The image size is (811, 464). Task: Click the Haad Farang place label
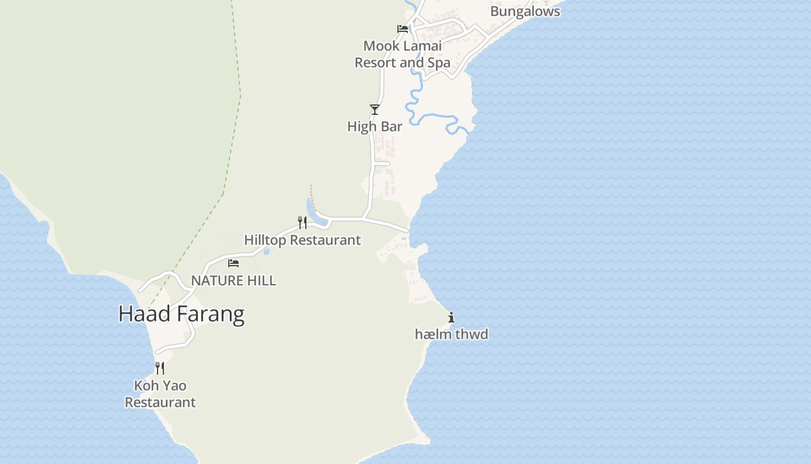coord(181,314)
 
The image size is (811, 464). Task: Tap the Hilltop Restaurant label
coord(302,240)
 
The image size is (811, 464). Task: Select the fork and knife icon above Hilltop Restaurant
coord(302,223)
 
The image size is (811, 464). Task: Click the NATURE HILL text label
coord(233,280)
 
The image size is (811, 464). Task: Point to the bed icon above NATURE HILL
coord(233,263)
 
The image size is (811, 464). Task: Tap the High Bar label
coord(374,126)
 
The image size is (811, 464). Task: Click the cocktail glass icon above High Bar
coord(375,110)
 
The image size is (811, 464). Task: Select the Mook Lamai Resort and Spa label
coord(402,54)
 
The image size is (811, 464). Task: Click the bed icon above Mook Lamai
coord(403,29)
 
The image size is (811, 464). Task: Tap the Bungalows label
coord(525,11)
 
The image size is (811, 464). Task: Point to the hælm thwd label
coord(451,334)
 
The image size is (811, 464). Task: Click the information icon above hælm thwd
coord(451,317)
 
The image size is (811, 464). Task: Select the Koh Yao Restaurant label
coord(160,394)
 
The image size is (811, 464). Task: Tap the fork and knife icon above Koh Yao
coord(160,368)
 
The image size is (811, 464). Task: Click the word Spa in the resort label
coord(439,63)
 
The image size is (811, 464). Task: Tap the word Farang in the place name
coord(210,314)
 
